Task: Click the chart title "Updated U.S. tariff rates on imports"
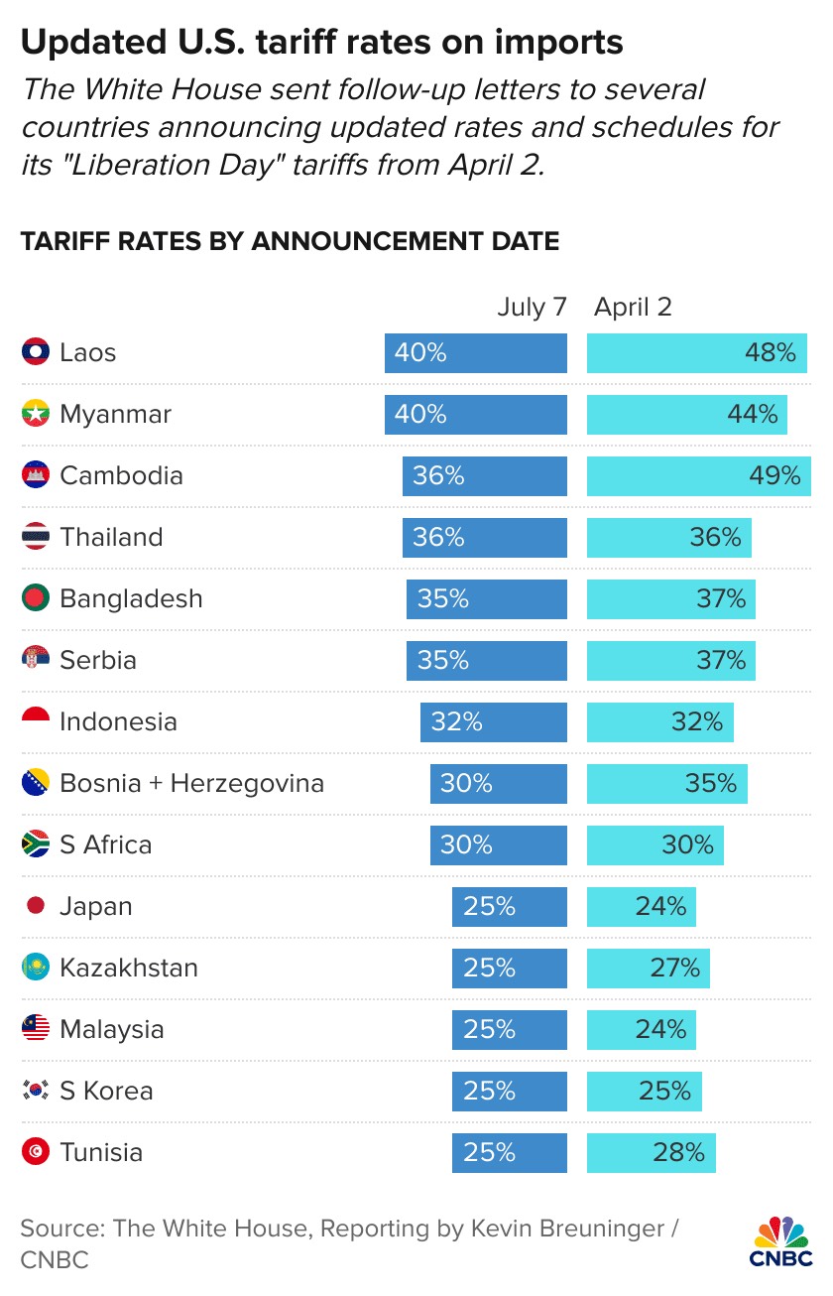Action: coord(322,42)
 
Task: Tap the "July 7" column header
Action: coord(532,307)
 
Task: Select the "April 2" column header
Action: coord(633,307)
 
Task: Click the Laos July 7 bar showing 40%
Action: coord(476,353)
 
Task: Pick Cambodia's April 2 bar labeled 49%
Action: coord(697,476)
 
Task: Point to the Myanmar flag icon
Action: coord(35,415)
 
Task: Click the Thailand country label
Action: coord(111,538)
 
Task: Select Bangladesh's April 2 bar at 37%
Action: coord(671,599)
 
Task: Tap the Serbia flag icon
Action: coord(35,661)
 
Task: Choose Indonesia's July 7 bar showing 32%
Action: coord(494,722)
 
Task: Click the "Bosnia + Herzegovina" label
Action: coord(191,784)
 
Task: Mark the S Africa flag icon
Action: coord(35,845)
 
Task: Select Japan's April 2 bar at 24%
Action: coord(642,907)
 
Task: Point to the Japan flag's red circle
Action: coord(35,907)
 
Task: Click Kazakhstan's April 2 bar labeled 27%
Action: coord(649,969)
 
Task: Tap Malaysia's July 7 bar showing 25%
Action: coord(510,1030)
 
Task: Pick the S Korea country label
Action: coord(106,1092)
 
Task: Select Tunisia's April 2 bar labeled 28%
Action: coord(652,1153)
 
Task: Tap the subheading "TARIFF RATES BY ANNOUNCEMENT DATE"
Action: coord(290,241)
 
